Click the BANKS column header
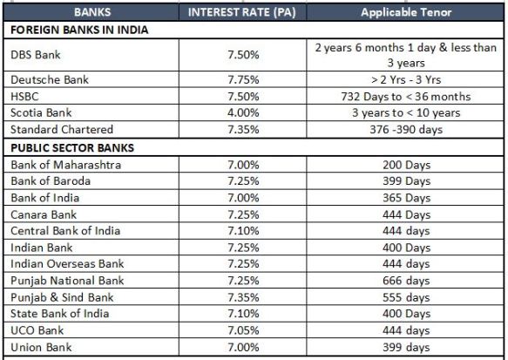(92, 12)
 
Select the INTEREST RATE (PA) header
(242, 12)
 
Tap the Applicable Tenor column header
(406, 12)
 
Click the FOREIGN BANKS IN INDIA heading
(79, 30)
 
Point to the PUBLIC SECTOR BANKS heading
(72, 148)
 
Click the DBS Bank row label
(36, 55)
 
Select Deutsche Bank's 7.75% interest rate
(243, 79)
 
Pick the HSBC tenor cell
(406, 97)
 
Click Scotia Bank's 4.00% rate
(243, 112)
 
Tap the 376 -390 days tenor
(406, 130)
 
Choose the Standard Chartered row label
(62, 130)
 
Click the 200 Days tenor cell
(407, 165)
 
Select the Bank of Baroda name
(51, 180)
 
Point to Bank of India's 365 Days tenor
(407, 198)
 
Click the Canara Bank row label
(44, 214)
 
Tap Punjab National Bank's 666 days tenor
(406, 281)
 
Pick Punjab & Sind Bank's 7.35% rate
(243, 297)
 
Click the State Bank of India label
(59, 313)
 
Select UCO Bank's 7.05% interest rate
(243, 330)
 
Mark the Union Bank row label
(41, 347)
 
